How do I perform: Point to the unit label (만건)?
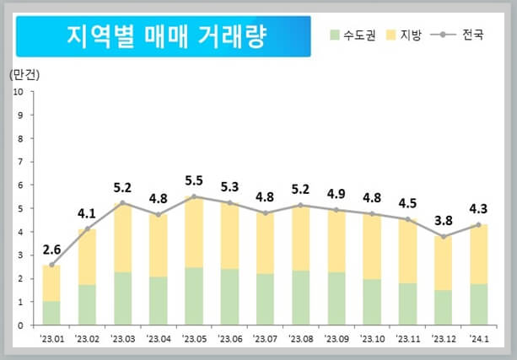(24, 74)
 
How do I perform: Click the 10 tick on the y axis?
(18, 91)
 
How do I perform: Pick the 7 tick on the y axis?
(19, 161)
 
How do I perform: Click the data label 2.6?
(51, 250)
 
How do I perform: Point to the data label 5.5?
(194, 180)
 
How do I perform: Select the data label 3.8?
(444, 221)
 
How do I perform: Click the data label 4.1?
(87, 213)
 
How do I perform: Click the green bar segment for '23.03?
(122, 298)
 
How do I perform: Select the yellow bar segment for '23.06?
(229, 236)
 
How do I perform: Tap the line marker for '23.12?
(444, 237)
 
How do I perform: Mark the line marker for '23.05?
(194, 196)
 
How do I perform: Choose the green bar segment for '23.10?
(372, 302)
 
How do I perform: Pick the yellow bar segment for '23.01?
(51, 283)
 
